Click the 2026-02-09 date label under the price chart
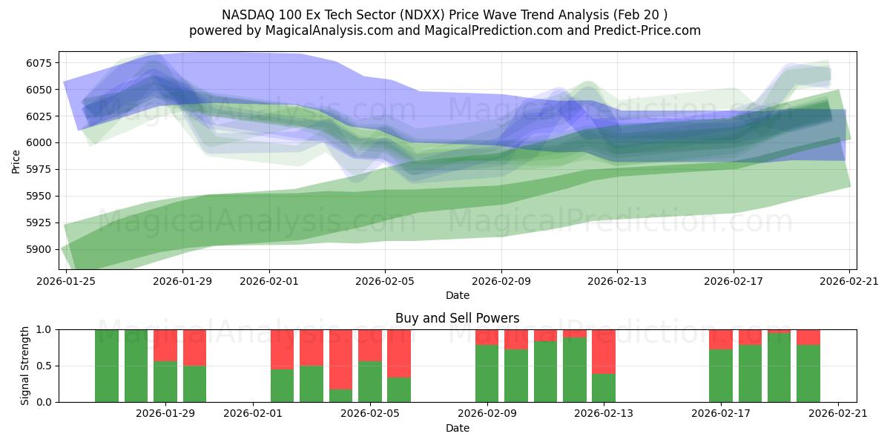[501, 281]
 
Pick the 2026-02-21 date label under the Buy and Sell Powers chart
[837, 414]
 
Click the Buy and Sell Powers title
[458, 318]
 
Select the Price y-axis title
[16, 161]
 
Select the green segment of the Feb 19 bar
[779, 368]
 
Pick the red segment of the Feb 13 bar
[604, 351]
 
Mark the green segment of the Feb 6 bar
[399, 389]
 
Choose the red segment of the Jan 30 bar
[194, 347]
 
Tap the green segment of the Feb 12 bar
[574, 369]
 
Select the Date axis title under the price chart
[458, 295]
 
